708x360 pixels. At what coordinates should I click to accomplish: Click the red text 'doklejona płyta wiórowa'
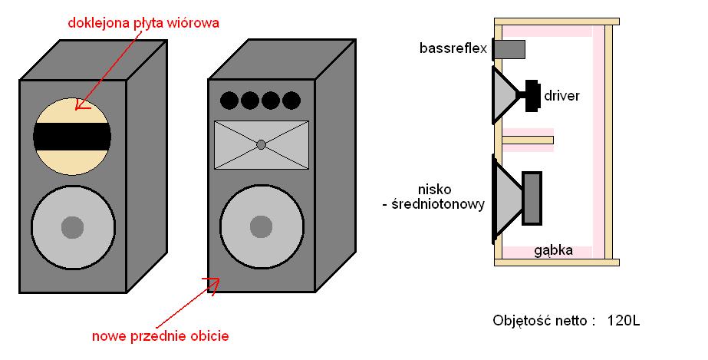[143, 22]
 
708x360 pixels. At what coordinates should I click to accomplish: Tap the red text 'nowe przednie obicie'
[160, 336]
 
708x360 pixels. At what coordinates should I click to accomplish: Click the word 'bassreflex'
[453, 48]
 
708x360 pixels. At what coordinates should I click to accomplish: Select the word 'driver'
[561, 96]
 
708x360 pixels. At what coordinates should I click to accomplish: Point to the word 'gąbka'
[554, 251]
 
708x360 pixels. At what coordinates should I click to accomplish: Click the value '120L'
[624, 321]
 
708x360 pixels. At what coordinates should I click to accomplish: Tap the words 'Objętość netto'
[540, 321]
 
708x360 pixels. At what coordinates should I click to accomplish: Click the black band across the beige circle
[72, 137]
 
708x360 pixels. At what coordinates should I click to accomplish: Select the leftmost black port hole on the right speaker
[229, 101]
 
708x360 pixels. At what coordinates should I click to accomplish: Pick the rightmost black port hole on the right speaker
[291, 101]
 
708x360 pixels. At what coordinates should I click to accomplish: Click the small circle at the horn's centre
[261, 144]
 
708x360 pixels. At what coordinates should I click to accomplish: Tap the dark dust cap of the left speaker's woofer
[72, 227]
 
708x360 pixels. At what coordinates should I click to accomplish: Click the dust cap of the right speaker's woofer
[261, 226]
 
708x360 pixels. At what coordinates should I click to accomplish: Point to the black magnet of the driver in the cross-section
[533, 96]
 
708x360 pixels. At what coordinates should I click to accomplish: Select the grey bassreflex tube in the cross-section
[509, 49]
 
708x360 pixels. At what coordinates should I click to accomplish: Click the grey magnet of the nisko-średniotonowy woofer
[532, 198]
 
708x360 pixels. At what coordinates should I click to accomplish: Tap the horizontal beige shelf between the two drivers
[528, 140]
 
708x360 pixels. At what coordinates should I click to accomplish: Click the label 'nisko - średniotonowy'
[433, 197]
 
